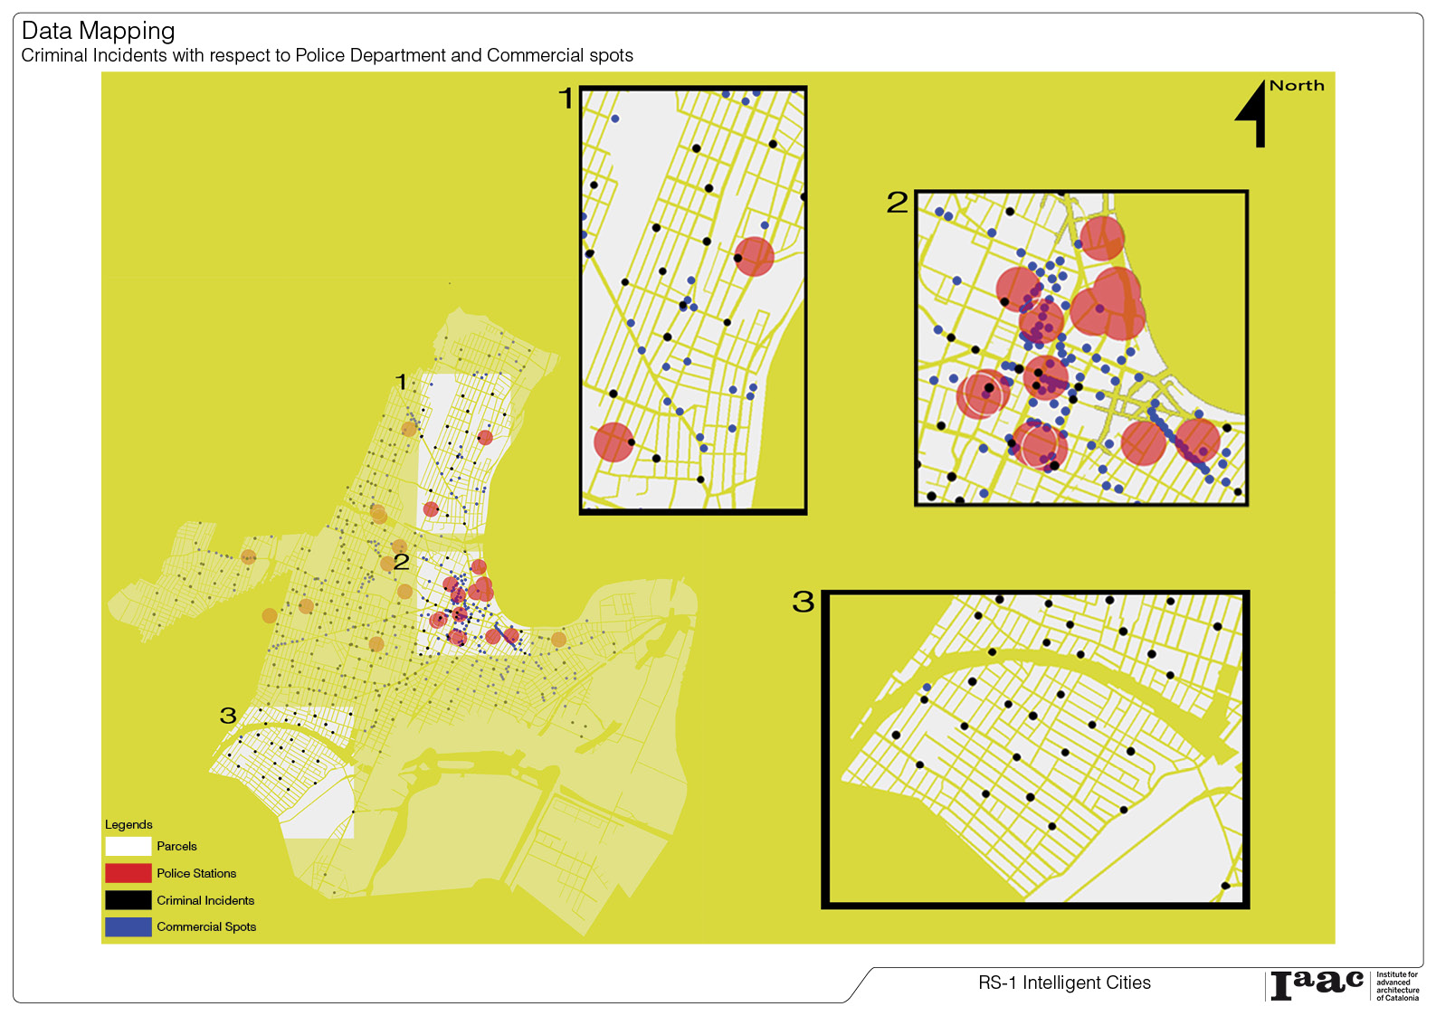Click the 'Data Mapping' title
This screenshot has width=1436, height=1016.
click(x=98, y=31)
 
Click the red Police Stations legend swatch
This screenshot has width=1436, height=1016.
click(x=128, y=873)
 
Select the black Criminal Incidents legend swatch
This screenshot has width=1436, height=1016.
click(x=128, y=900)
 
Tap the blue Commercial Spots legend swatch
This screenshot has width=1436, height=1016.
click(x=128, y=926)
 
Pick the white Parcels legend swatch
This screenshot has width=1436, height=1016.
click(x=128, y=846)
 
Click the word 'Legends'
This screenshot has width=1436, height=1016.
click(x=128, y=824)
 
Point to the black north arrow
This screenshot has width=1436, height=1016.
click(x=1254, y=113)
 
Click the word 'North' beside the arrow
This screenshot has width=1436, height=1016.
click(x=1296, y=86)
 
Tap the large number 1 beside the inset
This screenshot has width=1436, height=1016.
click(x=566, y=98)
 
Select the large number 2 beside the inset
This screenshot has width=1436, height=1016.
click(x=896, y=202)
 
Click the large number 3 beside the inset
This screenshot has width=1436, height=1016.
click(x=803, y=602)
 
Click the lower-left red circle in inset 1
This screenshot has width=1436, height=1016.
click(x=613, y=442)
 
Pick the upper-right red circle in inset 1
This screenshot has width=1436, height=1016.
click(x=754, y=257)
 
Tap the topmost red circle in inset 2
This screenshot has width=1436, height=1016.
click(x=1102, y=238)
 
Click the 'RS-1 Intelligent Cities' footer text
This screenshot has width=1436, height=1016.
click(x=1064, y=983)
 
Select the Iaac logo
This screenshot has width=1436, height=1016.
click(x=1317, y=984)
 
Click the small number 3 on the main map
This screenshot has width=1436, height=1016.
click(x=228, y=716)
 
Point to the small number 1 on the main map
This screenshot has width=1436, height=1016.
click(x=402, y=382)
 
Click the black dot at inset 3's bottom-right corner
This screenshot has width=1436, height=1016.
click(x=1225, y=886)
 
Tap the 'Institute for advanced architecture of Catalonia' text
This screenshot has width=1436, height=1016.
click(x=1397, y=986)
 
